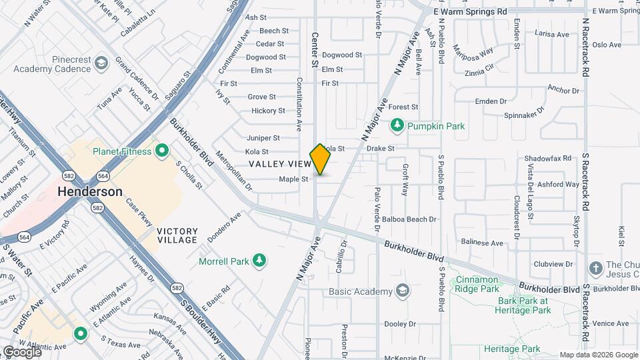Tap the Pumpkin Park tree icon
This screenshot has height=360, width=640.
pyautogui.click(x=397, y=125)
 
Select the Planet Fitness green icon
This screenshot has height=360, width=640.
pyautogui.click(x=161, y=151)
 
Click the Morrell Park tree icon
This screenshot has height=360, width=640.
pyautogui.click(x=259, y=261)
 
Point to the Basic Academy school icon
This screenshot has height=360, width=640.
pyautogui.click(x=403, y=291)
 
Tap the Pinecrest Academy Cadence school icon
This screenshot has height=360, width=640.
pyautogui.click(x=101, y=63)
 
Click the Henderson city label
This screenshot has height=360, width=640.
pyautogui.click(x=90, y=191)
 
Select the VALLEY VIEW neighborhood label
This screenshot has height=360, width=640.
pyautogui.click(x=280, y=164)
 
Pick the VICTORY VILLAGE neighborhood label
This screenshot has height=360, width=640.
pyautogui.click(x=177, y=235)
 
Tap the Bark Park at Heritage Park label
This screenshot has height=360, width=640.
pyautogui.click(x=524, y=305)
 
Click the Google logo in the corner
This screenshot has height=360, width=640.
pyautogui.click(x=21, y=351)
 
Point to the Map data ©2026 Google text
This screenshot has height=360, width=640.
pyautogui.click(x=598, y=355)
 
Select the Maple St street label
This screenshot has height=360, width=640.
pyautogui.click(x=293, y=179)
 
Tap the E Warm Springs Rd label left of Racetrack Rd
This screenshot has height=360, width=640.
pyautogui.click(x=470, y=11)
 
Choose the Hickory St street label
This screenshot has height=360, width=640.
pyautogui.click(x=268, y=111)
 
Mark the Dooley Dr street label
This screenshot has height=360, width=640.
pyautogui.click(x=400, y=324)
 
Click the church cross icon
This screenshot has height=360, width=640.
pyautogui.click(x=595, y=268)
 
